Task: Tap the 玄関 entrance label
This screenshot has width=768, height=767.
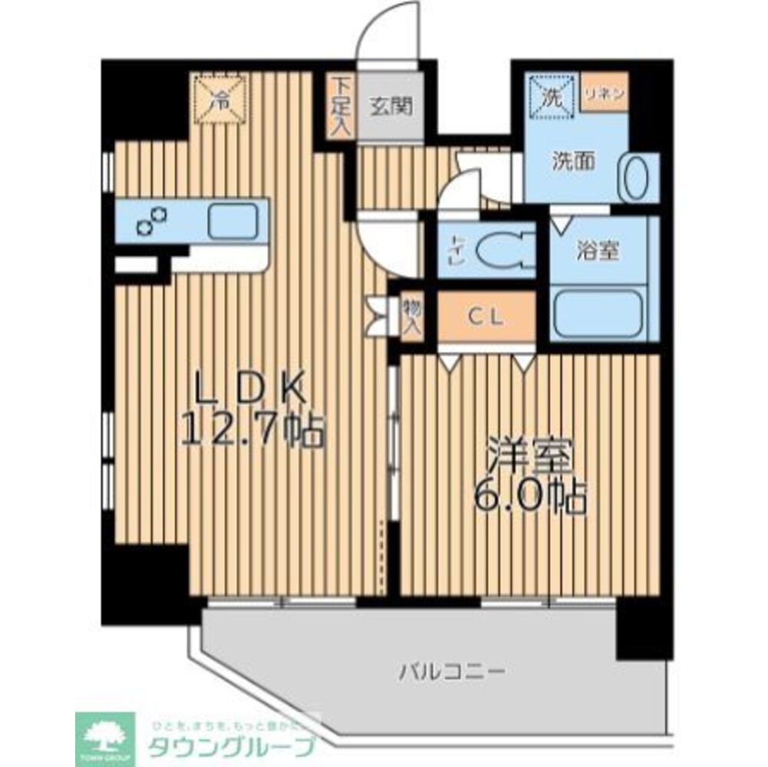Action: click(x=393, y=106)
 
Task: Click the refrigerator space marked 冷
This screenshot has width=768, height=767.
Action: click(x=219, y=99)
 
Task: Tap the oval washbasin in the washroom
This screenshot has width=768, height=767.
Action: click(x=636, y=179)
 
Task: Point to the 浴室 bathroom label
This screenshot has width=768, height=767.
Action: click(x=598, y=251)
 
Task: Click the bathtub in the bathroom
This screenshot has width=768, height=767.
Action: click(x=598, y=312)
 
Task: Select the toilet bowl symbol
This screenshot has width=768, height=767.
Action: click(x=503, y=250)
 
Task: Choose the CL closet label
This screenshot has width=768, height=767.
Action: click(x=486, y=318)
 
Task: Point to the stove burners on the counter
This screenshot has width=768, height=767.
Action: click(x=152, y=221)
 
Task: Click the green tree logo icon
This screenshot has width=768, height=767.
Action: click(x=105, y=735)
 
